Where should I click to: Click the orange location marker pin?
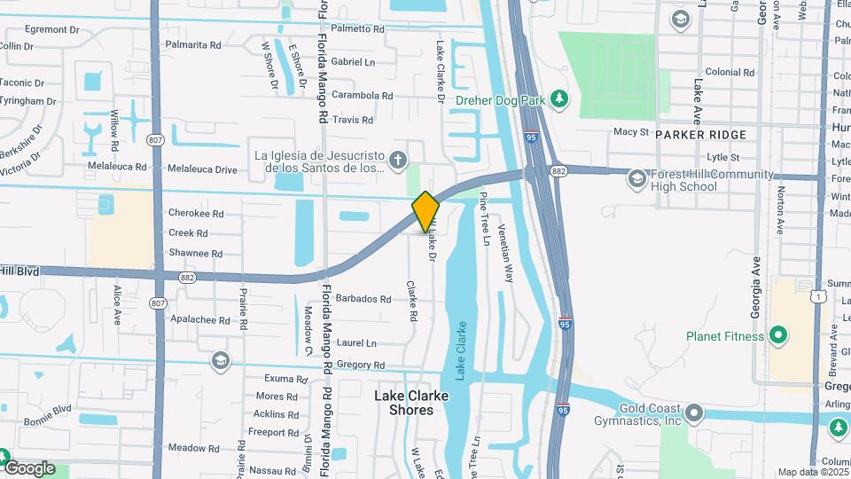tap(425, 211)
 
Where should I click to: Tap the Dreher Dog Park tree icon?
tap(558, 98)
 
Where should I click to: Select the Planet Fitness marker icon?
tap(778, 335)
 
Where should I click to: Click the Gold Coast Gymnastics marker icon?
tap(693, 413)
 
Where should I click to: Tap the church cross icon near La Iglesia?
tap(398, 161)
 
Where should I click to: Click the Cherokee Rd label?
tap(195, 214)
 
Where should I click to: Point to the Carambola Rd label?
tap(363, 96)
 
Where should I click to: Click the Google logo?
tap(29, 468)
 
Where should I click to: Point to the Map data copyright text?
tap(813, 472)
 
